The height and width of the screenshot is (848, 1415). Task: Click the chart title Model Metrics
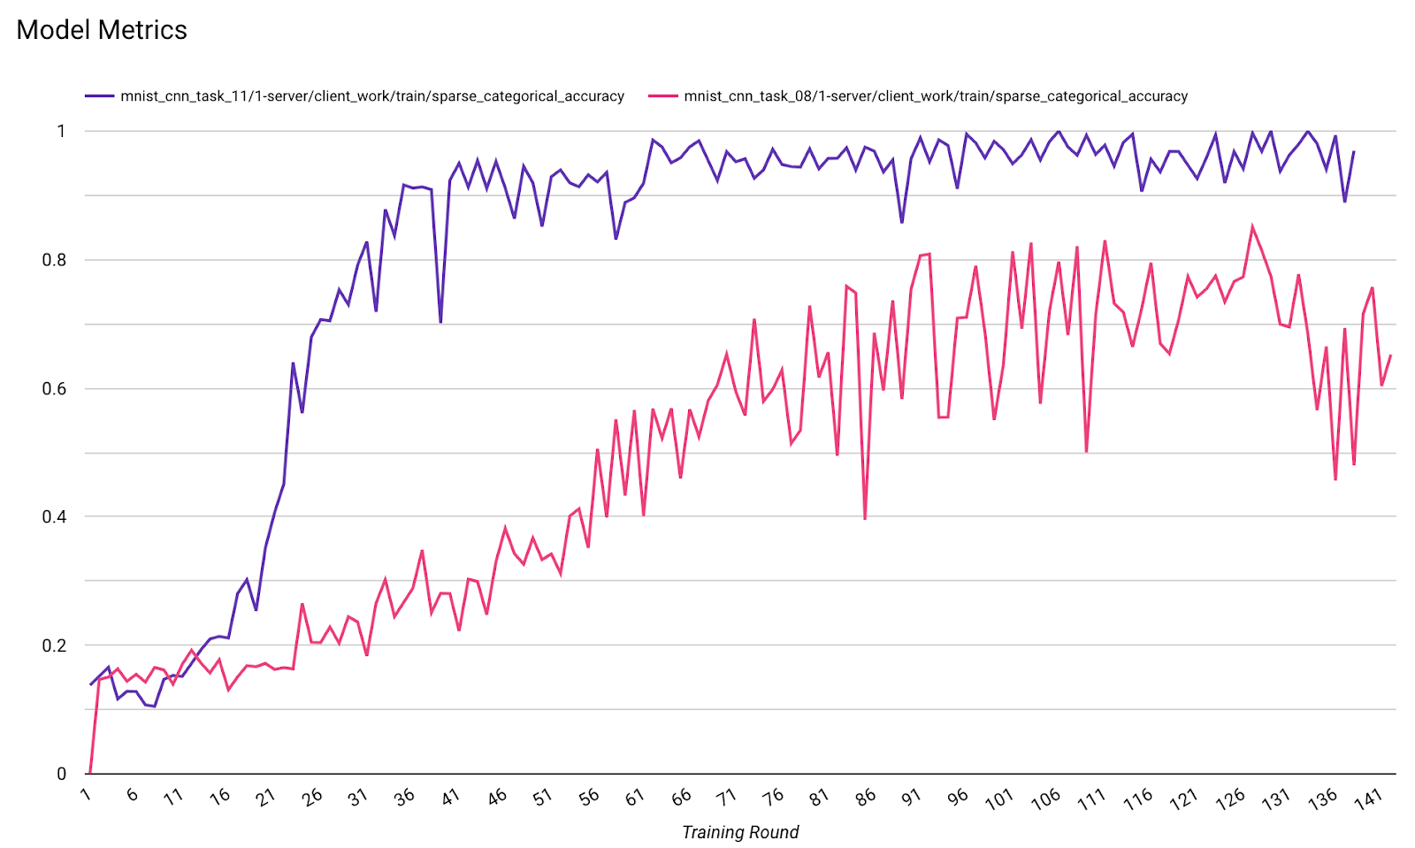pyautogui.click(x=102, y=30)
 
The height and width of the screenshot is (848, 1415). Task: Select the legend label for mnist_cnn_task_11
pyautogui.click(x=372, y=96)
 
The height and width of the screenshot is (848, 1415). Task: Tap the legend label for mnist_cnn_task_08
pyautogui.click(x=936, y=96)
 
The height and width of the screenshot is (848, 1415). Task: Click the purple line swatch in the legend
pyautogui.click(x=99, y=96)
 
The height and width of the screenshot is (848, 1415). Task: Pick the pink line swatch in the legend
pyautogui.click(x=662, y=96)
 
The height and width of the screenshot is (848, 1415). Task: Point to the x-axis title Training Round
pyautogui.click(x=740, y=832)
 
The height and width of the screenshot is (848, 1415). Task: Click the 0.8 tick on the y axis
pyautogui.click(x=56, y=260)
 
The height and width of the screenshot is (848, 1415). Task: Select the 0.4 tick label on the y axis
pyautogui.click(x=56, y=516)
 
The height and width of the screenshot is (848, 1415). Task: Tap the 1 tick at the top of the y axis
pyautogui.click(x=61, y=131)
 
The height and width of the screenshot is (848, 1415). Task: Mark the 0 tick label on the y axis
pyautogui.click(x=61, y=774)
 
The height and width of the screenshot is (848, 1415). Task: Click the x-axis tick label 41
pyautogui.click(x=451, y=797)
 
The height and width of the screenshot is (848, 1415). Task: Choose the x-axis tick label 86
pyautogui.click(x=866, y=797)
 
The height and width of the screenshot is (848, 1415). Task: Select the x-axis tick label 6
pyautogui.click(x=133, y=794)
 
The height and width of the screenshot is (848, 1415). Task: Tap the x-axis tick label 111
pyautogui.click(x=1091, y=799)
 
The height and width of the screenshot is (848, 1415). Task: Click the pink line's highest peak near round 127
pyautogui.click(x=1252, y=226)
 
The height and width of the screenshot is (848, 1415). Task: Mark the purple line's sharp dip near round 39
pyautogui.click(x=440, y=322)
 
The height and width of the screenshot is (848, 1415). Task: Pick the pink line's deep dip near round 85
pyautogui.click(x=864, y=519)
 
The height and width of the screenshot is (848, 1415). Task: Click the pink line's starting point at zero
pyautogui.click(x=90, y=773)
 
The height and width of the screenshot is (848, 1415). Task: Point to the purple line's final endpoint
pyautogui.click(x=1354, y=151)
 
